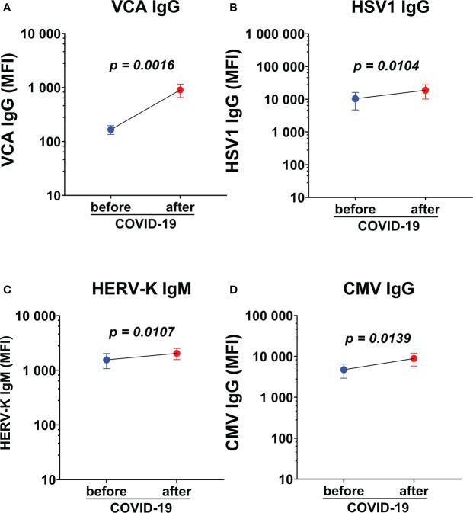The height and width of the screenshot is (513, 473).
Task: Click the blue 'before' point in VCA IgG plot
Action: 110,130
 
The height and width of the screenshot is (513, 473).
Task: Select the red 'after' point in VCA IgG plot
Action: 181,90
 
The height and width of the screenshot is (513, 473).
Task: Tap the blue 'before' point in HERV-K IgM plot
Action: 107,360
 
